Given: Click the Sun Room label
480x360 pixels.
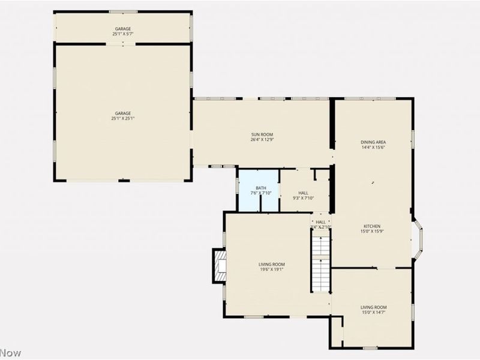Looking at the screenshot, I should [262, 134].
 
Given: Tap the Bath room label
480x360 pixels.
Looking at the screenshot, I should [260, 188].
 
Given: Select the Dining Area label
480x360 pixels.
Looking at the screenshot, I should [373, 142].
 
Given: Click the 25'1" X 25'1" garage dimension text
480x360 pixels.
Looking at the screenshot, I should [123, 119].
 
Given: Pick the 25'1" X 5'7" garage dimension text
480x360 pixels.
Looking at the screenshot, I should [123, 34].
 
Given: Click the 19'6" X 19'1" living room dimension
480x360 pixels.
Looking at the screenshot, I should [272, 269].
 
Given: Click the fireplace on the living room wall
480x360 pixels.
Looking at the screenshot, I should [219, 265].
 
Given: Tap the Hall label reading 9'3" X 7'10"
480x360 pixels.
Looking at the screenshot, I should [304, 196].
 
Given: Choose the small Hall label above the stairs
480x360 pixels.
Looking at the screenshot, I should [321, 222].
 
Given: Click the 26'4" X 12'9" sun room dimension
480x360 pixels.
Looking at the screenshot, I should [262, 139].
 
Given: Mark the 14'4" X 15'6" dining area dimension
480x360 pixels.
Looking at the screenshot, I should [373, 147].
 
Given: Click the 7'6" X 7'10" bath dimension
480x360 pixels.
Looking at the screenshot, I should [260, 193].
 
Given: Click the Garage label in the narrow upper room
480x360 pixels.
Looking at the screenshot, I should [123, 28].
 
